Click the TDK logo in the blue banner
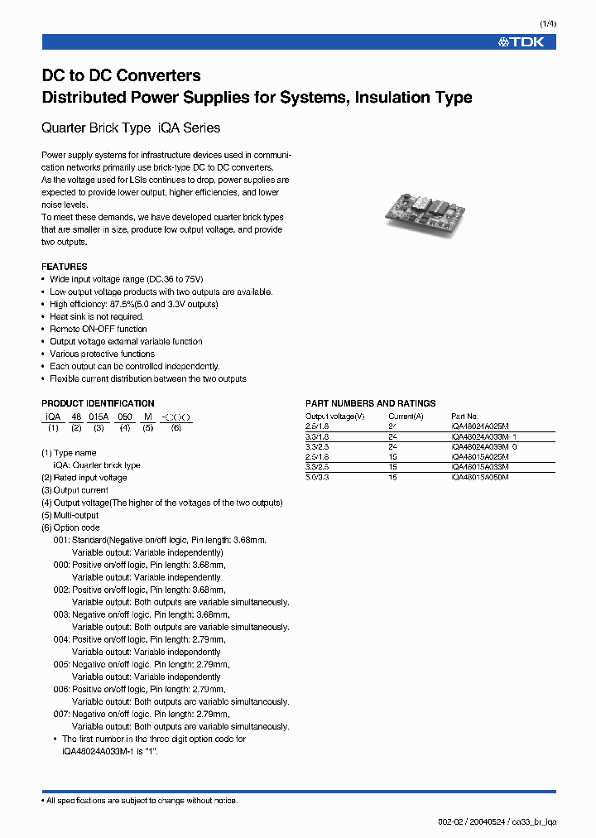tap(521, 41)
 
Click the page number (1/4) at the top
tap(547, 24)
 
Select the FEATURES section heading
tap(64, 267)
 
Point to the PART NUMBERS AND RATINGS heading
tap(370, 403)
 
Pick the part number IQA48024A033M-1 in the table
tap(483, 436)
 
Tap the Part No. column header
tap(464, 416)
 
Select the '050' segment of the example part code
tap(124, 416)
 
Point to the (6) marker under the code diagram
tap(175, 427)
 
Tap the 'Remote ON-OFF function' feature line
tap(98, 329)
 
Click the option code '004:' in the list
tap(61, 639)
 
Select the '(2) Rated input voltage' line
tap(84, 478)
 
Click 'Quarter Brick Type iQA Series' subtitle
tap(131, 128)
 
